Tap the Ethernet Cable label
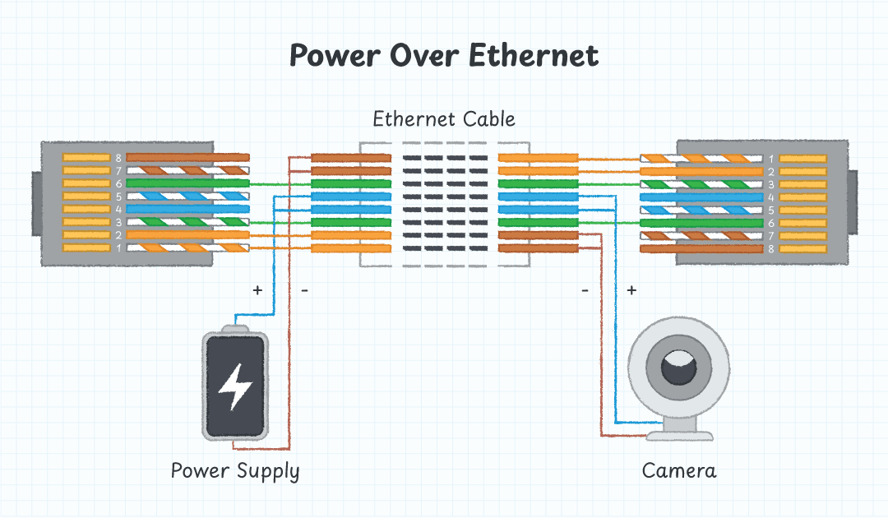click(444, 119)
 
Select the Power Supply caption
click(235, 471)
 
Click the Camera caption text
click(679, 471)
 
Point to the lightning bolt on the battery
click(235, 386)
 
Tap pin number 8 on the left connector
click(118, 157)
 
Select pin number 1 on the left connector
click(118, 247)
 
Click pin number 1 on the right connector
click(770, 158)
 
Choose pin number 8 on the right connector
click(770, 248)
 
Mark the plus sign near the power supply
click(257, 290)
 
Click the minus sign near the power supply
click(304, 290)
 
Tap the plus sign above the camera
click(631, 290)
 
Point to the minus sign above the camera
click(585, 290)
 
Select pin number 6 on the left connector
click(118, 183)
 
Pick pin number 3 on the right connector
click(770, 184)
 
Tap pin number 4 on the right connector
click(770, 197)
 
